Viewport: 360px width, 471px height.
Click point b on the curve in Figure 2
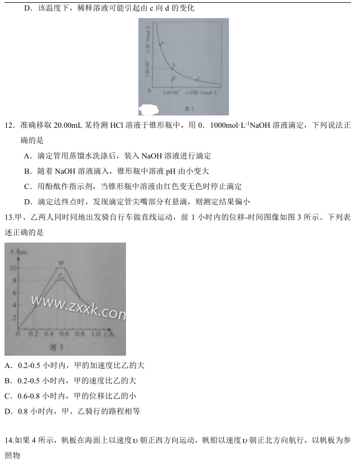(172, 68)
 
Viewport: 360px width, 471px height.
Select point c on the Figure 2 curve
(196, 80)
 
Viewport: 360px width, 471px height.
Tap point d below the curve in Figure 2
(172, 79)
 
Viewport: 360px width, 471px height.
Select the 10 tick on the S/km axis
(13, 267)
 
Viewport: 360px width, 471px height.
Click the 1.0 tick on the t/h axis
(97, 334)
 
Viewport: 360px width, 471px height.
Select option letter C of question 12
(27, 186)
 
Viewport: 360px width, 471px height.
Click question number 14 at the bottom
(9, 440)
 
